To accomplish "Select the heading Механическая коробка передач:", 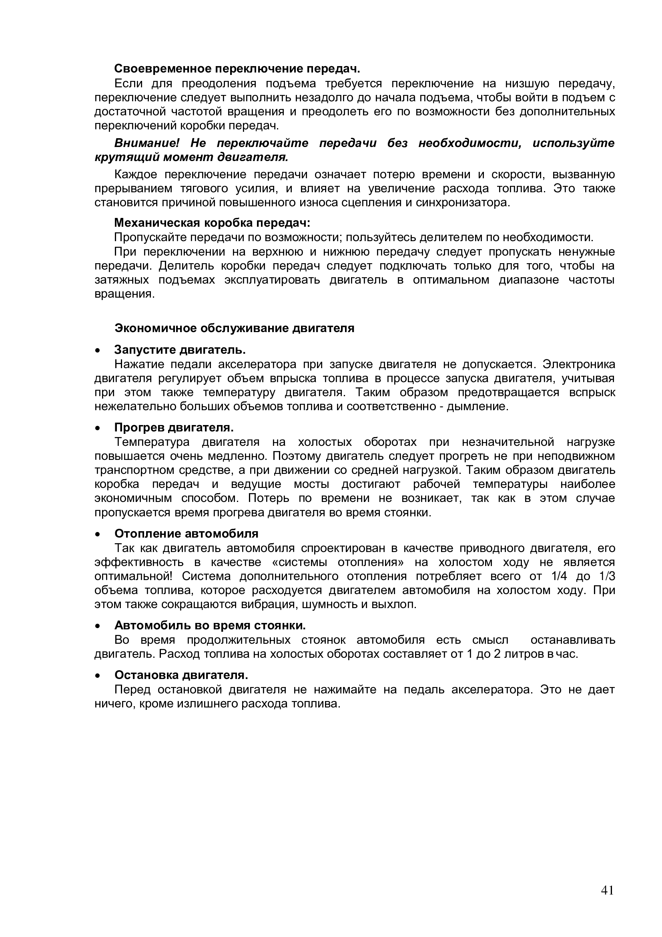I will point(212,223).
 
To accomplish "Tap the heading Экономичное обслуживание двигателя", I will point(234,328).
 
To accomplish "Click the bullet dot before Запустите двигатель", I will point(97,351).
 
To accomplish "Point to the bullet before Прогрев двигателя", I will point(97,428).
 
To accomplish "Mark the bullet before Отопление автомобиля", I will point(97,534).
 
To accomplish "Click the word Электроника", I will point(579,364).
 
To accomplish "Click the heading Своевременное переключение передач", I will point(237,69).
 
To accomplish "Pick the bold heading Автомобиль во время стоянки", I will point(210,625).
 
